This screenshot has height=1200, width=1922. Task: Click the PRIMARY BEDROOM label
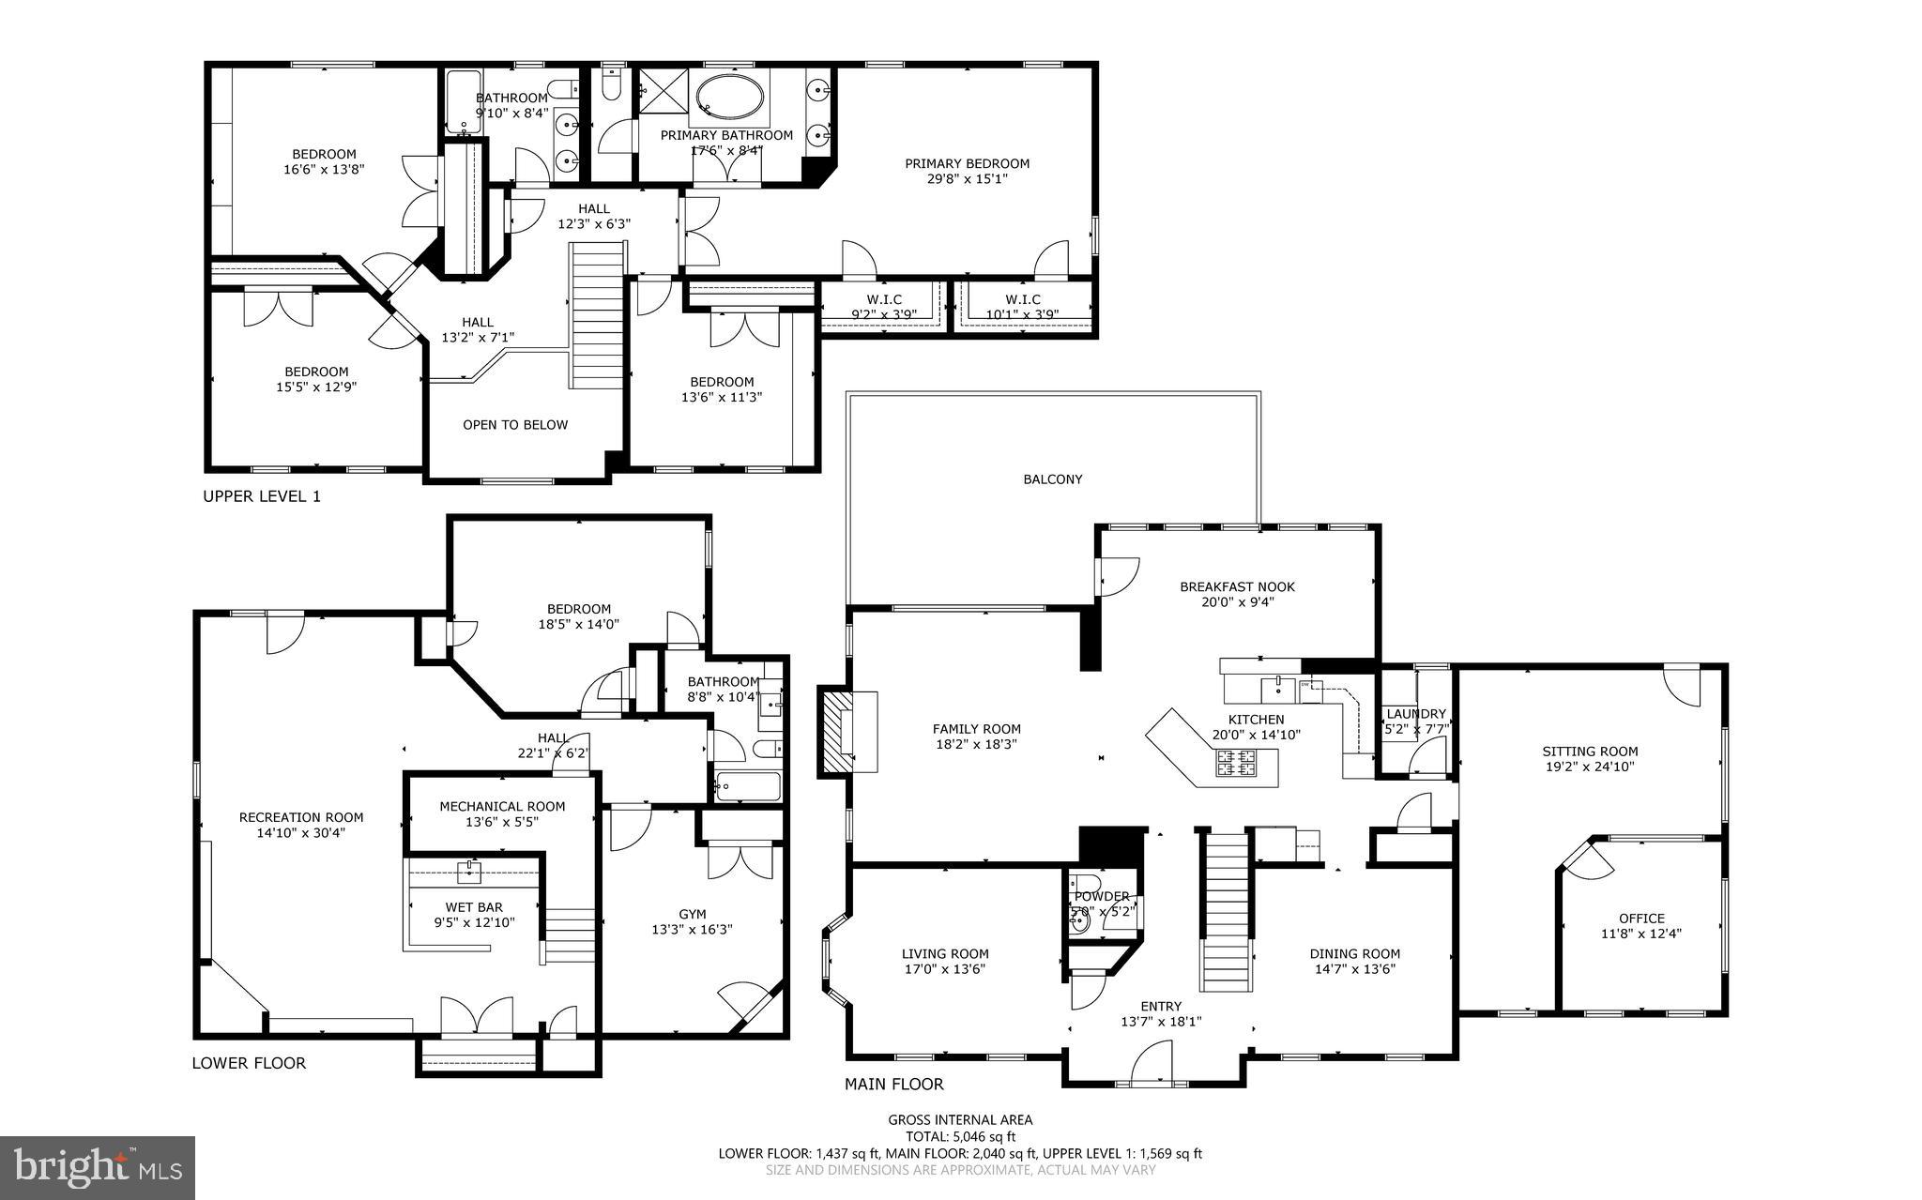[967, 163]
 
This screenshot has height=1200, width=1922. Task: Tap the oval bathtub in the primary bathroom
[729, 96]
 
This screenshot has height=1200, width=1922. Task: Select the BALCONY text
[1052, 479]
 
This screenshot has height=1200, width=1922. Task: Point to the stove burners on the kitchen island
[1236, 763]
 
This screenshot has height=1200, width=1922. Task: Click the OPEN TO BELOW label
[515, 425]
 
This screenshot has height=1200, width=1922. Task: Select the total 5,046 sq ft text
[960, 1136]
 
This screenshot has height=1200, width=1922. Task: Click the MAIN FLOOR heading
[893, 1085]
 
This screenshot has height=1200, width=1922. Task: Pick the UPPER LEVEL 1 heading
[262, 496]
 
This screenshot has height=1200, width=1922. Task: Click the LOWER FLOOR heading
[249, 1063]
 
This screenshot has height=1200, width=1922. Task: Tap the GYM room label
[692, 914]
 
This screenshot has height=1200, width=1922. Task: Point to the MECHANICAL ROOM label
[502, 806]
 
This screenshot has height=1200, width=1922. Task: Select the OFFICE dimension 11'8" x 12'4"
[1641, 934]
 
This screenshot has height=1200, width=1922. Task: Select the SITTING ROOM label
[1590, 751]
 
